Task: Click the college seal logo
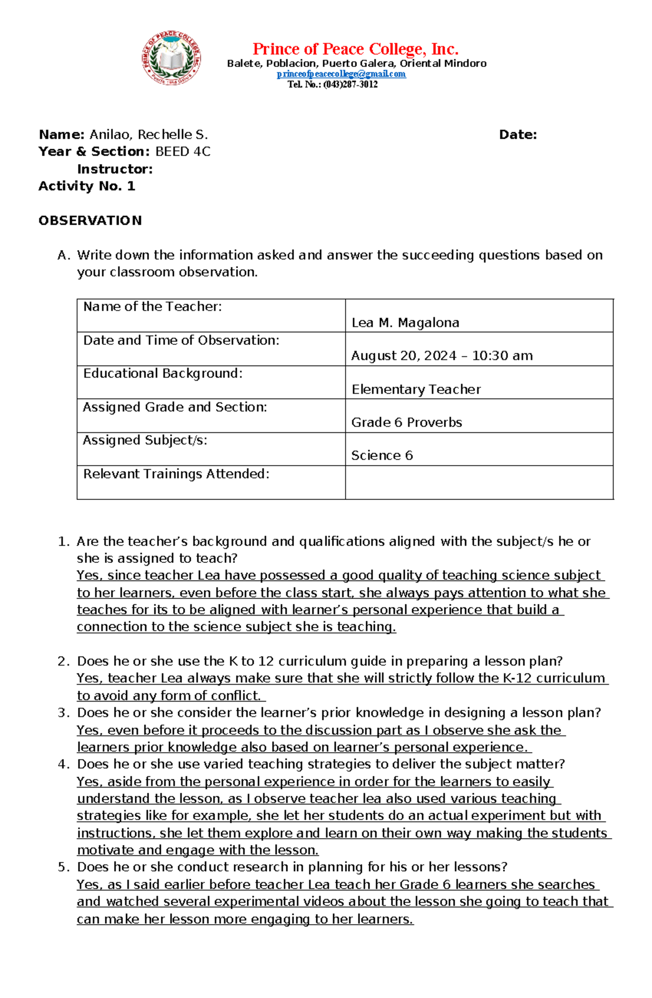coord(172,58)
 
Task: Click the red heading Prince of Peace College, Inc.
coord(355,49)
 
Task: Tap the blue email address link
coord(341,74)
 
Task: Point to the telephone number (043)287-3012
coord(350,84)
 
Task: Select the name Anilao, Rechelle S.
coord(148,134)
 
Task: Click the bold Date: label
coord(517,135)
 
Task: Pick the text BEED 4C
coord(183,152)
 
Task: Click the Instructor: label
coord(115,169)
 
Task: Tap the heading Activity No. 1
coord(86,186)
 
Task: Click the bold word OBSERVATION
coord(90,220)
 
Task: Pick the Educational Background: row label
coord(162,374)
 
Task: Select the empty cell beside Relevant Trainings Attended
coord(479,482)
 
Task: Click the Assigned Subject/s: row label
coord(145,441)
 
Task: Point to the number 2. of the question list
coord(64,661)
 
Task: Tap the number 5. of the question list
coord(64,867)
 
